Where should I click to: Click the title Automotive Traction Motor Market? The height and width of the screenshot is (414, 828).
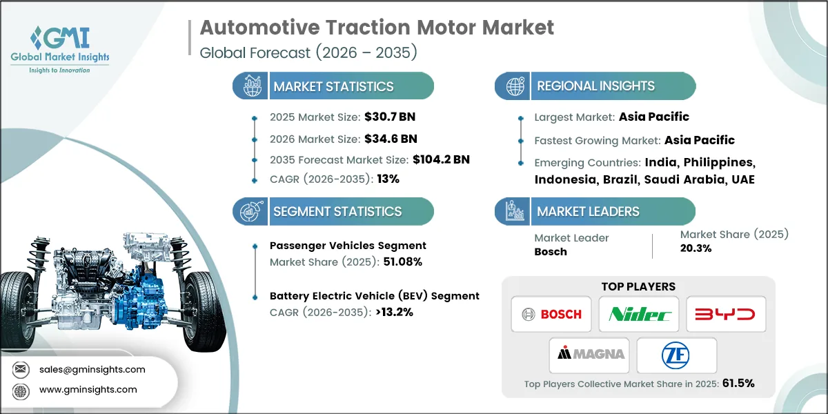click(377, 28)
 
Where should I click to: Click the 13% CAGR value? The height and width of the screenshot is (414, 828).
click(387, 179)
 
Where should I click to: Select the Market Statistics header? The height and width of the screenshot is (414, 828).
click(333, 87)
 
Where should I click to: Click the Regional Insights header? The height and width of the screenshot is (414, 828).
click(595, 86)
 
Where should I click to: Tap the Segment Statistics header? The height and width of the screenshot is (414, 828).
click(337, 212)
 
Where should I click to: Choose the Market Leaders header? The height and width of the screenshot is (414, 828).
click(588, 212)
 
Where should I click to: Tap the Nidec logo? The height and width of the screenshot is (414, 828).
click(639, 315)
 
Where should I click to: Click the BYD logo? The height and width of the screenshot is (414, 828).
click(725, 315)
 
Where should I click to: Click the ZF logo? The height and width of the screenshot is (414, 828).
click(677, 355)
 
